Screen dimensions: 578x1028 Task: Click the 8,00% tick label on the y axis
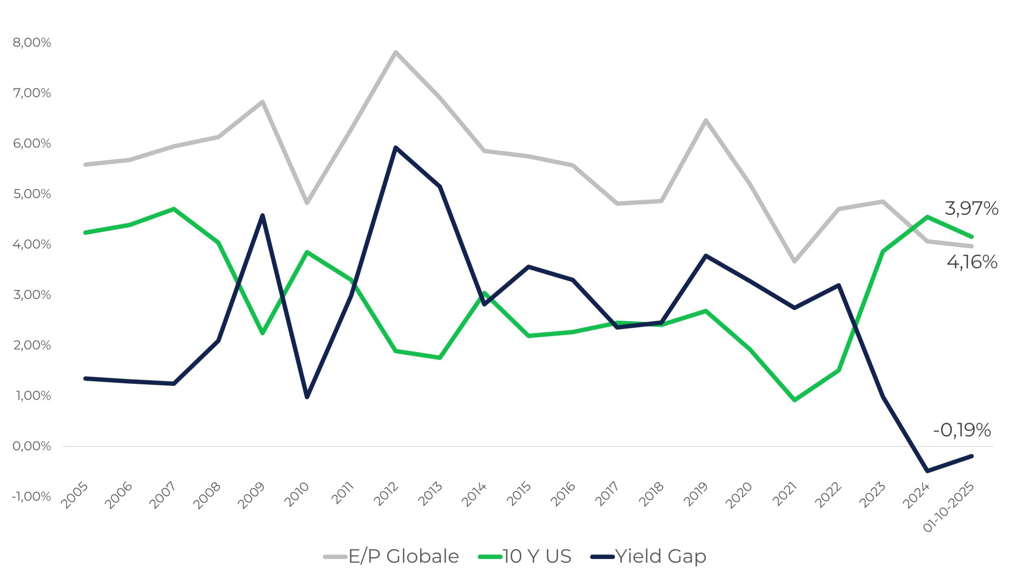[x=32, y=43]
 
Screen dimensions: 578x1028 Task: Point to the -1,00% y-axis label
[x=31, y=497]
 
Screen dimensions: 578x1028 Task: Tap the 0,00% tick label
[x=32, y=446]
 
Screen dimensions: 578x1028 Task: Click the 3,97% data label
[x=971, y=208]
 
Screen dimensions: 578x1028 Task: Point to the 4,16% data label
[x=972, y=262]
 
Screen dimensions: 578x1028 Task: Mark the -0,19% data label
[x=962, y=430]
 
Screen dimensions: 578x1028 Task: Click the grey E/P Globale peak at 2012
[x=396, y=52]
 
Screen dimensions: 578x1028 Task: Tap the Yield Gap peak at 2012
[x=396, y=148]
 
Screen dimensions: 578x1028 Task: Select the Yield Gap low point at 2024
[x=927, y=471]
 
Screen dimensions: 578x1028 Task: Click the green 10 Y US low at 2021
[x=795, y=400]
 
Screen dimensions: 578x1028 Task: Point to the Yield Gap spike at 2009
[x=263, y=216]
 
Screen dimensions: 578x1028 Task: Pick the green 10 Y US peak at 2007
[x=174, y=209]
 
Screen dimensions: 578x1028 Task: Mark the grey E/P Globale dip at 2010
[x=307, y=203]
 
